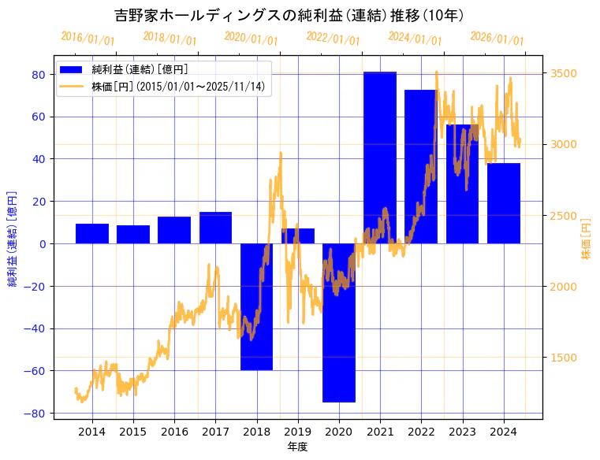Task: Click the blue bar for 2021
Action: pyautogui.click(x=380, y=158)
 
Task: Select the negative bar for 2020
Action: pyautogui.click(x=339, y=323)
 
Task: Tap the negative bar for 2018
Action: pyautogui.click(x=256, y=306)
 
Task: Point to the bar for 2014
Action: pyautogui.click(x=92, y=234)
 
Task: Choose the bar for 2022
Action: pyautogui.click(x=421, y=166)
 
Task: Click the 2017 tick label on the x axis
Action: pyautogui.click(x=215, y=432)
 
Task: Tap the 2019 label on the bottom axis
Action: pyautogui.click(x=297, y=432)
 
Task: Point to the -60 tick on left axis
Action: pyautogui.click(x=36, y=371)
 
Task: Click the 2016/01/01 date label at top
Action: pyautogui.click(x=88, y=39)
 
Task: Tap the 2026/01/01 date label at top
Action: pyautogui.click(x=497, y=39)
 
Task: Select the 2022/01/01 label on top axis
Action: pyautogui.click(x=333, y=39)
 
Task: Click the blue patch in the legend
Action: pyautogui.click(x=73, y=70)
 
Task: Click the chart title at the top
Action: pyautogui.click(x=289, y=15)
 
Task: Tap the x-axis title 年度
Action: pyautogui.click(x=297, y=447)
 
